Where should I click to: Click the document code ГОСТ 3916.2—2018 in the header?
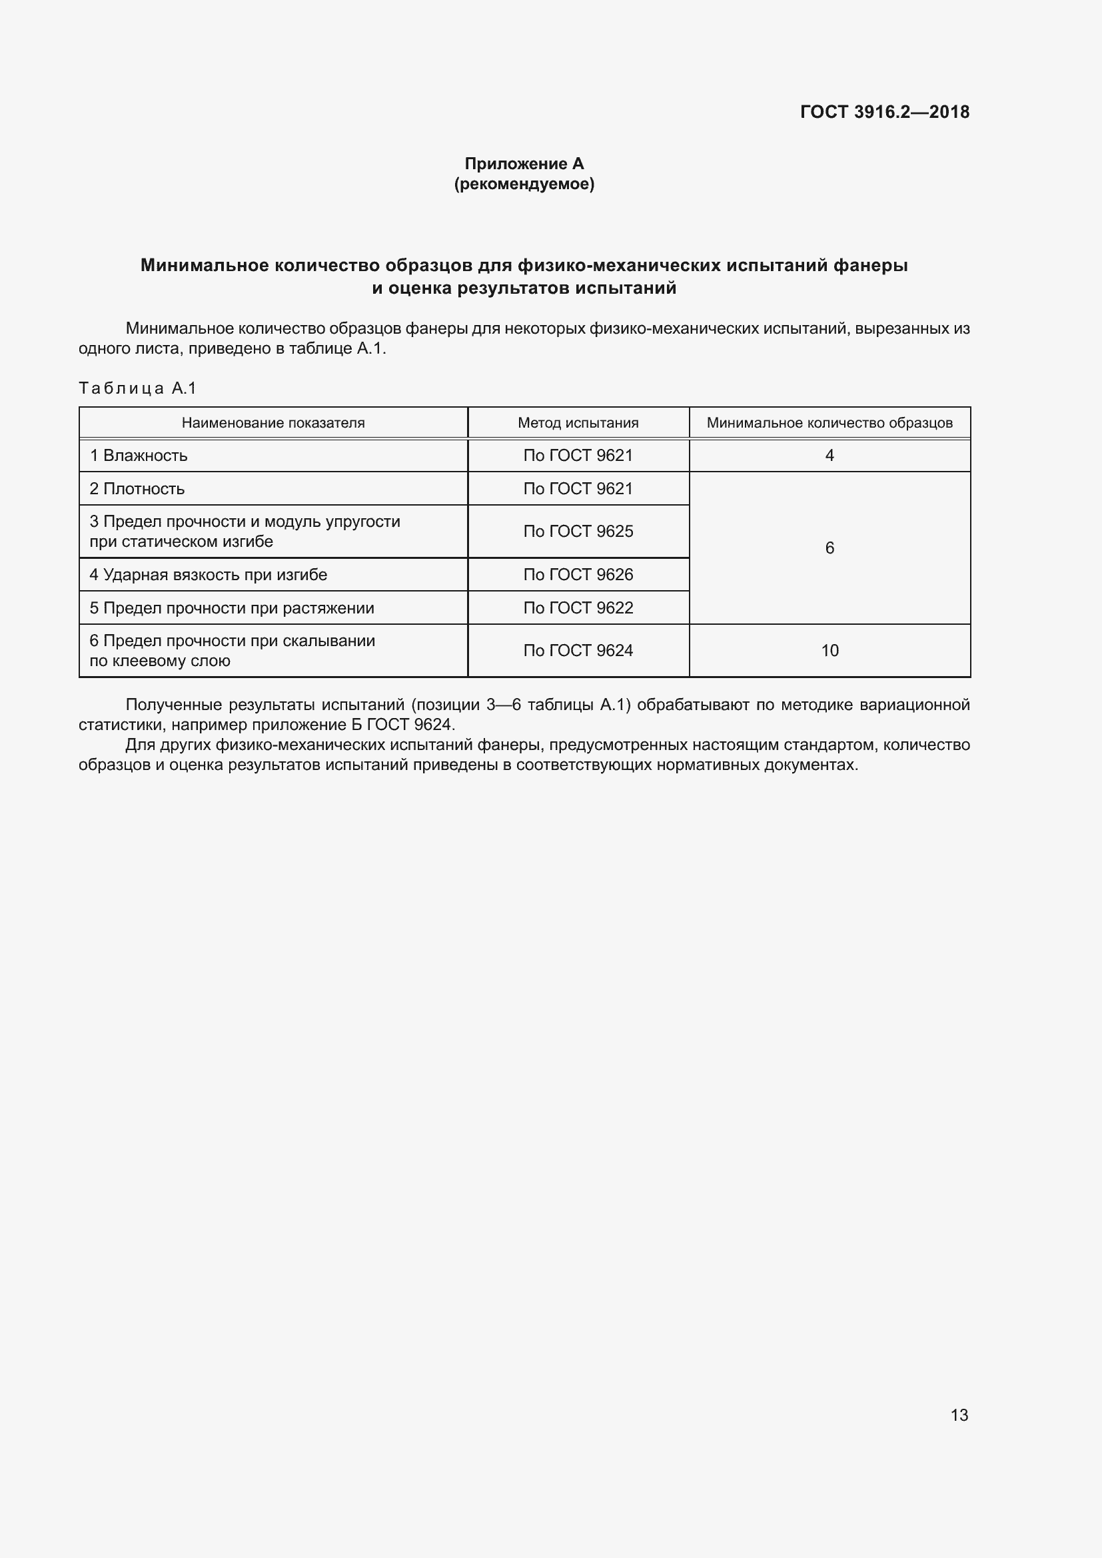pos(884,112)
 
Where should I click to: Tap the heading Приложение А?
pos(524,164)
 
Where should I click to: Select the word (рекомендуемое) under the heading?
pos(524,184)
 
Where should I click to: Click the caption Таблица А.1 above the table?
pos(137,388)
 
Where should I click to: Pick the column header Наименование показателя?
pos(273,423)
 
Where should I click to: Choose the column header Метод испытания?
pos(578,423)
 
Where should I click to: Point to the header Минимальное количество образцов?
pos(829,423)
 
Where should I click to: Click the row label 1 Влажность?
pos(139,456)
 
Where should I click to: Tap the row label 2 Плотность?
pos(137,488)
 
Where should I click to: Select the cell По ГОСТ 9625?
pos(578,532)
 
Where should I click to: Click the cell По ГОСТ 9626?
pos(578,575)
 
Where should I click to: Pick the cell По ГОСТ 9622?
pos(578,608)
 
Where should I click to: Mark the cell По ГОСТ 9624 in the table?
pos(578,651)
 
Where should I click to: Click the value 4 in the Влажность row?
pos(829,456)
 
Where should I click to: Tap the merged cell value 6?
pos(829,548)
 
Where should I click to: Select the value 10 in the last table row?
pos(830,651)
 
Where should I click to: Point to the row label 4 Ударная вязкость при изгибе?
pos(209,575)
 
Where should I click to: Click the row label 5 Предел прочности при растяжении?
pos(232,608)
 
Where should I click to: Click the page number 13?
pos(959,1415)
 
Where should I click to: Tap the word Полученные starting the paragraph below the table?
pos(174,705)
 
